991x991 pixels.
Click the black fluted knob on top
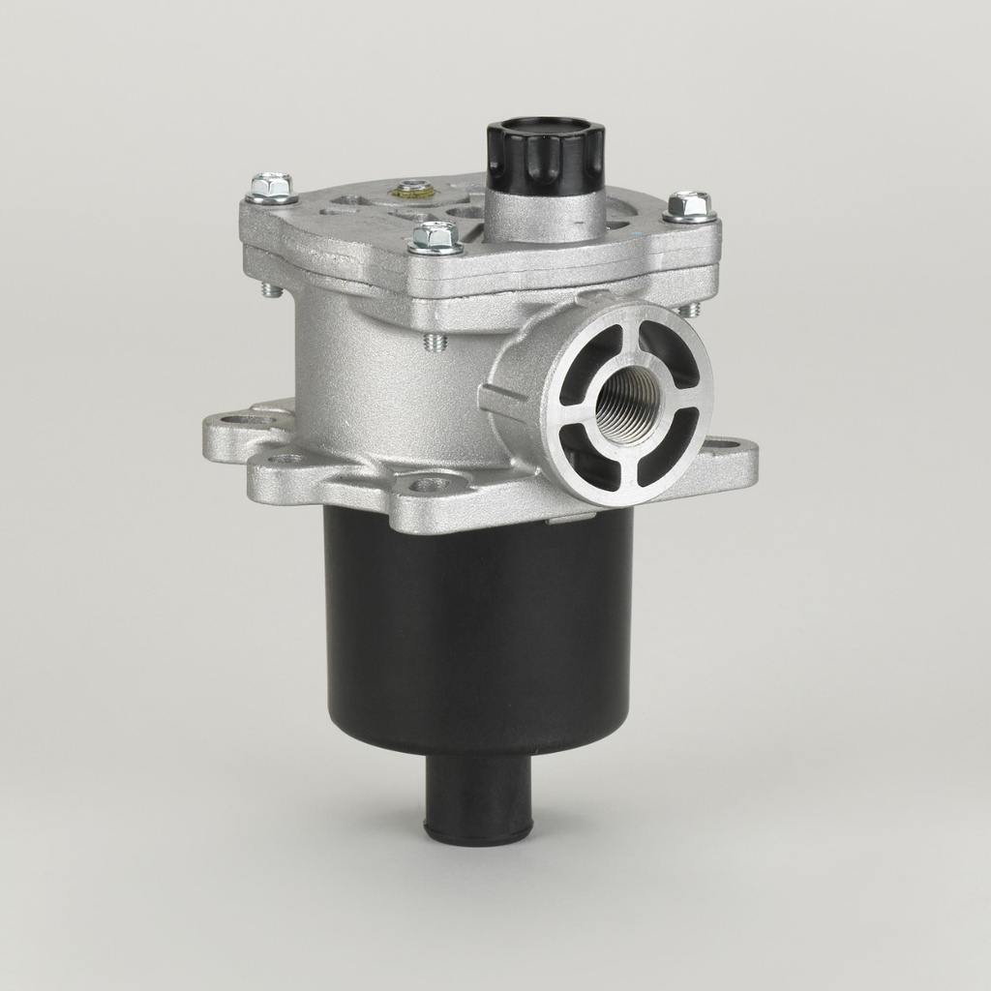click(545, 155)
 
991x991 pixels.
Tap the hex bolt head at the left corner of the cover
click(271, 186)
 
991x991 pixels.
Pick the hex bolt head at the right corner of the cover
click(690, 205)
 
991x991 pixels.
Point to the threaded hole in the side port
click(627, 406)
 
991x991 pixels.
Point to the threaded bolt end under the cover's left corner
click(272, 289)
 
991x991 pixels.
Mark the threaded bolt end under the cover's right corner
click(691, 310)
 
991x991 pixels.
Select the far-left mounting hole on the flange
click(236, 422)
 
